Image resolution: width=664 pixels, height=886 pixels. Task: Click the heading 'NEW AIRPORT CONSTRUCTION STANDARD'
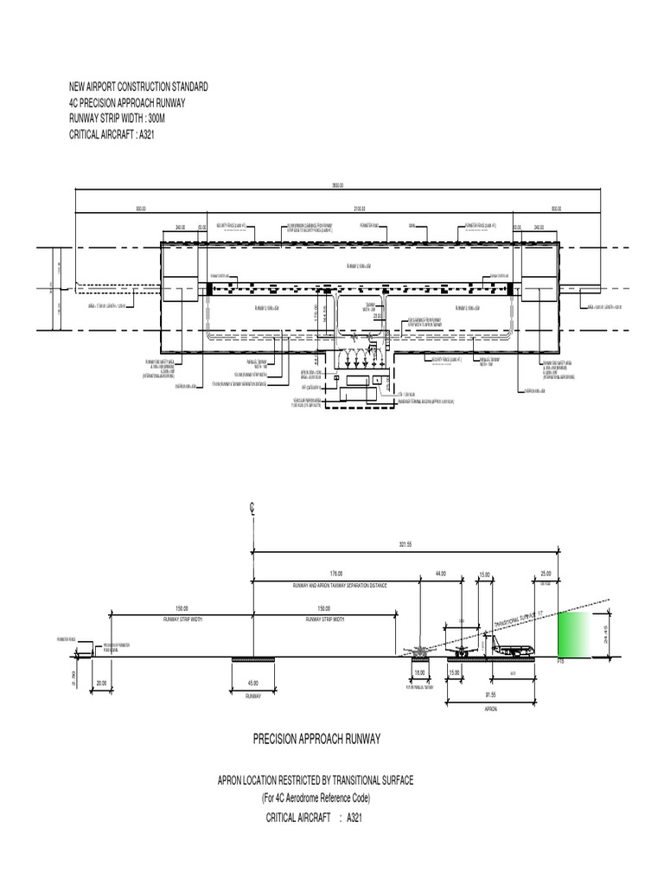[138, 87]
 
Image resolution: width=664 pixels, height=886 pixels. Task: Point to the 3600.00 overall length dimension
[337, 185]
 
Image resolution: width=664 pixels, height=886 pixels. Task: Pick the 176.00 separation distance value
[336, 574]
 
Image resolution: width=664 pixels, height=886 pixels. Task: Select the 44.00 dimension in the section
[440, 574]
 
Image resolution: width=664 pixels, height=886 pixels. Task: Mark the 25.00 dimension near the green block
[545, 574]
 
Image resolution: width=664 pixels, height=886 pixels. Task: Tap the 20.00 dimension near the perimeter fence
[101, 684]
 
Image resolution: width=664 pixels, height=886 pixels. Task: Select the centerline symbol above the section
[252, 510]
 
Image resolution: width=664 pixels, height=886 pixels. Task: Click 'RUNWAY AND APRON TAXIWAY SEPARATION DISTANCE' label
[337, 586]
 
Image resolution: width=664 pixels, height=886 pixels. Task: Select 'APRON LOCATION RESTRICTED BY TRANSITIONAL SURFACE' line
[315, 780]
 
